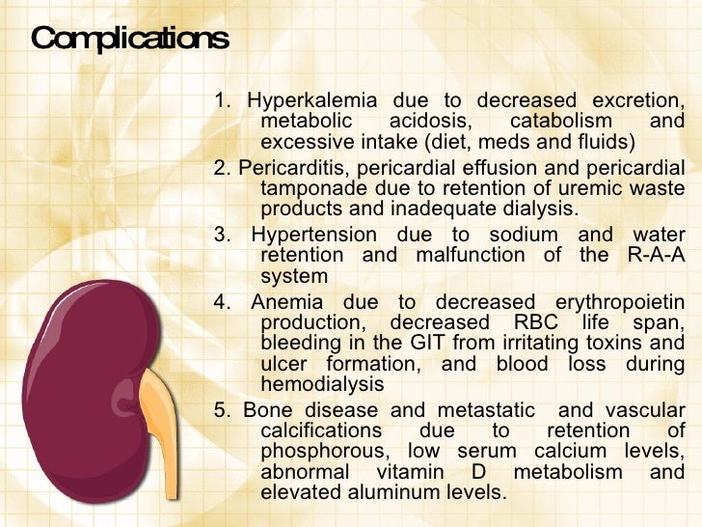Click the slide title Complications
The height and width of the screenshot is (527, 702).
130,40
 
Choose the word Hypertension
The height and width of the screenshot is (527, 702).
314,235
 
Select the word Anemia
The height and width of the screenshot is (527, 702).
282,302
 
